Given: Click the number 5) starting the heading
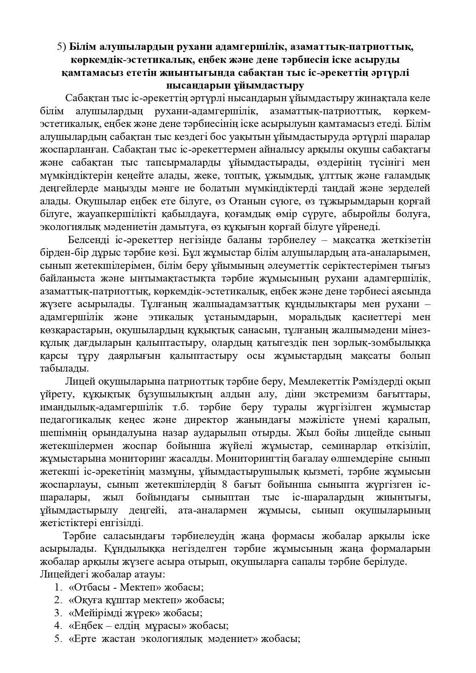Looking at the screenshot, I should (62, 47).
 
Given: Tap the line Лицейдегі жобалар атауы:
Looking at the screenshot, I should (102, 574).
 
